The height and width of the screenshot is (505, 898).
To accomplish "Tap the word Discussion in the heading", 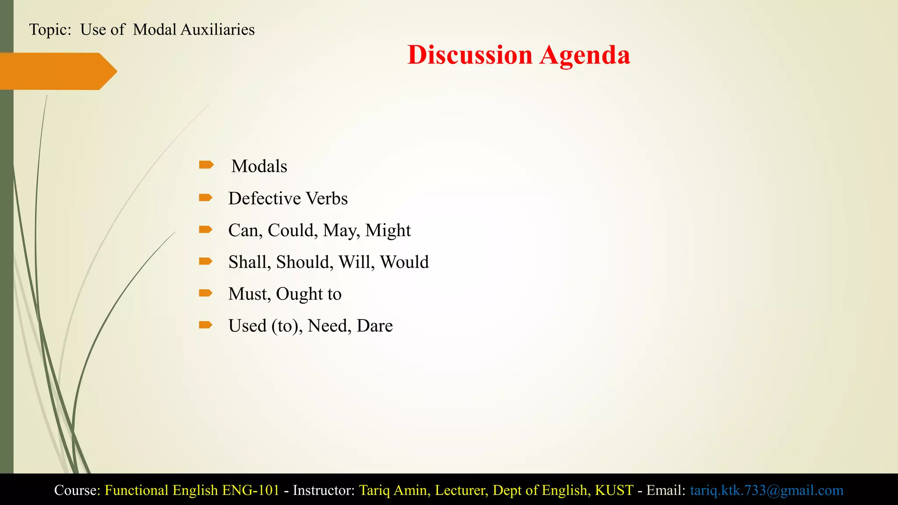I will tap(470, 55).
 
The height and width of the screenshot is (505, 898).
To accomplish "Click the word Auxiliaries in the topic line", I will tap(217, 30).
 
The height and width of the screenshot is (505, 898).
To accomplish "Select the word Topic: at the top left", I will tap(50, 30).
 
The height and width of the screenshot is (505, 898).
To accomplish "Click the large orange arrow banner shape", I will tap(57, 71).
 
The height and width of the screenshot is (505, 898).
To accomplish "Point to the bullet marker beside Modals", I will tap(206, 165).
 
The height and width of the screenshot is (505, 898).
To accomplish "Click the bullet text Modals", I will tap(259, 167).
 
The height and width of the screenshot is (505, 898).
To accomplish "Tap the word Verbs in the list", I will tap(327, 199).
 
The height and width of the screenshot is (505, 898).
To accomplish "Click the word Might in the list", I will tap(388, 231).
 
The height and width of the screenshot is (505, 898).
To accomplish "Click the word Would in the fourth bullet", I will tap(404, 262).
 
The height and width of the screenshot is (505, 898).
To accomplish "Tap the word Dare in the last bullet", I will tap(374, 326).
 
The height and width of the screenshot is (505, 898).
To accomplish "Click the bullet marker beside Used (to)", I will tap(206, 325).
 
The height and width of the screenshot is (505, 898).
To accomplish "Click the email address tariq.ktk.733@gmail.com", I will tap(766, 490).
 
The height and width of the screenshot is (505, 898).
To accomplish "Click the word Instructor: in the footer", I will tap(324, 490).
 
